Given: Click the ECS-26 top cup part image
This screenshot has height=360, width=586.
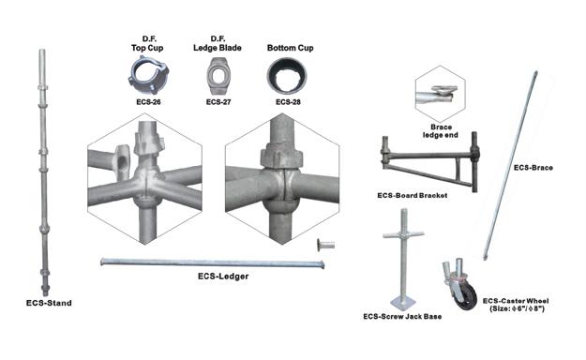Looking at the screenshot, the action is click(148, 75).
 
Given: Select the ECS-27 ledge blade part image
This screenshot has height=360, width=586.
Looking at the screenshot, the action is click(218, 76).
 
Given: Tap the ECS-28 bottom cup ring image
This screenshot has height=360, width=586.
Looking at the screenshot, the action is click(287, 76).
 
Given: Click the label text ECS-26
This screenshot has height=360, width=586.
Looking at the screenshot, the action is click(148, 102).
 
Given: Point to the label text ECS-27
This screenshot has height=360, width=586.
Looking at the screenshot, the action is click(218, 102).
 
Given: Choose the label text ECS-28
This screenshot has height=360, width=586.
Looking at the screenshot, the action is click(288, 102).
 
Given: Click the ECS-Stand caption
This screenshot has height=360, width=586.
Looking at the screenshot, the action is click(49, 303).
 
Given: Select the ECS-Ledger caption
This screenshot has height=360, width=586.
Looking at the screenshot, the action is click(223, 277).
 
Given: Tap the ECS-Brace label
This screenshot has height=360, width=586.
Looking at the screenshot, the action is click(533, 168).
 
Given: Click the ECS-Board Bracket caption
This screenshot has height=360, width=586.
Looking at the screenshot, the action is click(413, 195).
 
